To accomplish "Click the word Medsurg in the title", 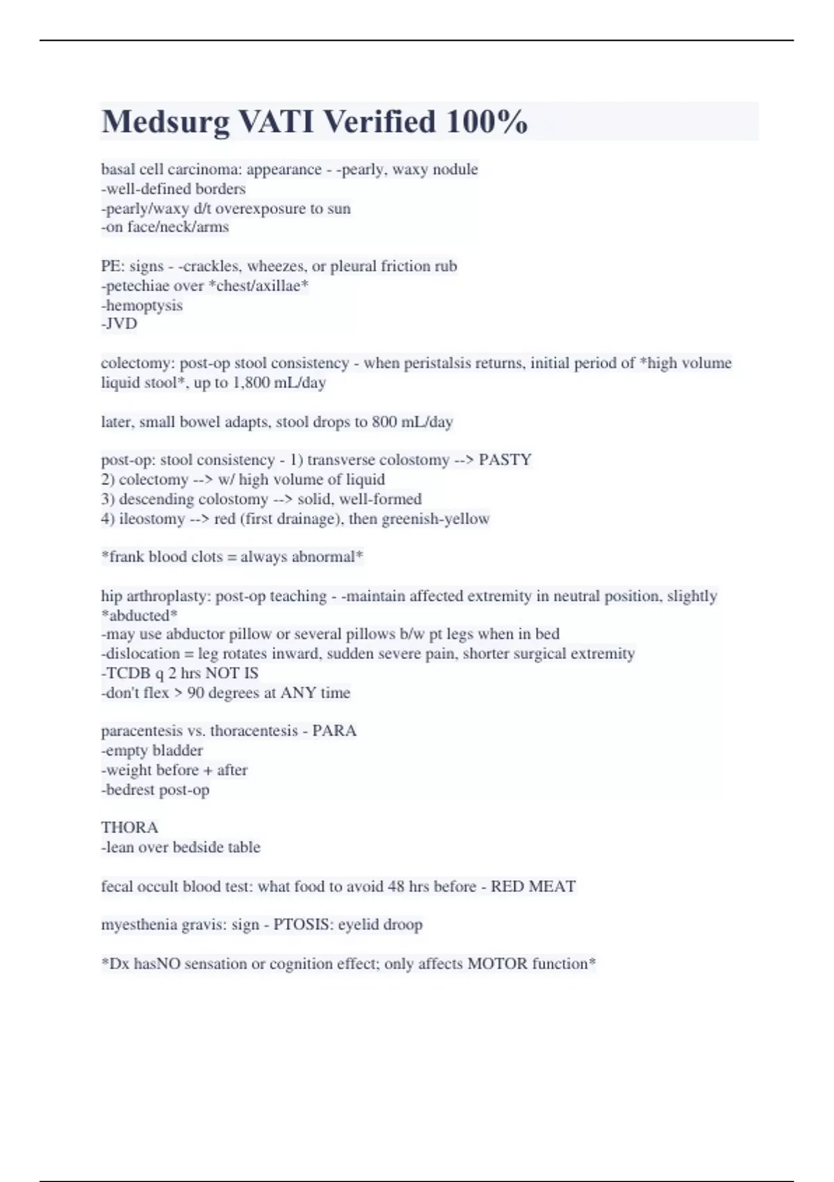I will [165, 122].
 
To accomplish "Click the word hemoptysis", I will [144, 305].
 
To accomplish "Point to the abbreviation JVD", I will [121, 324].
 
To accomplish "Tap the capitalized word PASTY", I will [505, 460].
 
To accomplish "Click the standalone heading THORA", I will [129, 827].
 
